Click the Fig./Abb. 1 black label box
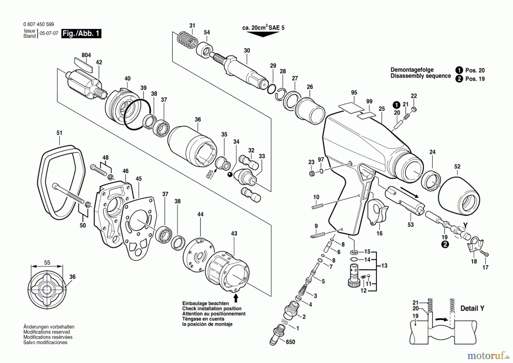point(82,33)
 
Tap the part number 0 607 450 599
point(38,25)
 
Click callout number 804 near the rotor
point(86,55)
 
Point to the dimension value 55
point(47,263)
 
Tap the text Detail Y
point(472,308)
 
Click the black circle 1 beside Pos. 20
point(459,70)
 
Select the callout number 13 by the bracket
point(384,266)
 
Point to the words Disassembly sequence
point(421,76)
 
